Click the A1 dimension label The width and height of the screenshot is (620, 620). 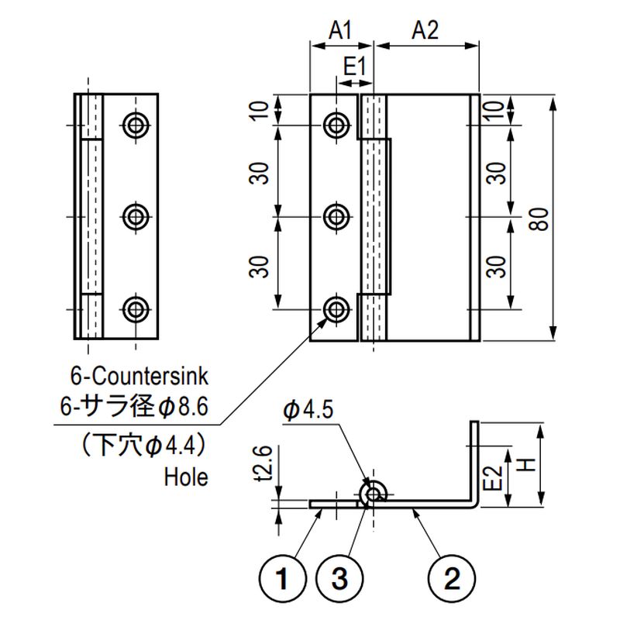(340, 30)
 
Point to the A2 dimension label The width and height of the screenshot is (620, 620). (425, 30)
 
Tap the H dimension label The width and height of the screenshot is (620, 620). (525, 466)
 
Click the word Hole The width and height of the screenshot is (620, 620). (186, 477)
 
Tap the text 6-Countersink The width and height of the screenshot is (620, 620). (140, 378)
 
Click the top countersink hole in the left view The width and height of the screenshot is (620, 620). (137, 124)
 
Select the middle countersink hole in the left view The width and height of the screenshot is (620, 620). (137, 215)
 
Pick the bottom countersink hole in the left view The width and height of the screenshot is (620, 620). (137, 309)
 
